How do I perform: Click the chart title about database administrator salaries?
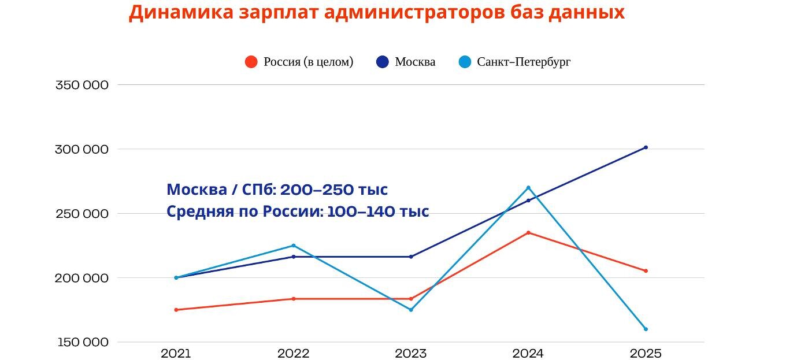coord(376,12)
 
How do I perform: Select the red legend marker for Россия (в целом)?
coord(251,62)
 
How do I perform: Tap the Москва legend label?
coord(415,62)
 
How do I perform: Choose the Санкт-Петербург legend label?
coord(524,62)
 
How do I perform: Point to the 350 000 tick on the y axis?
coord(82,85)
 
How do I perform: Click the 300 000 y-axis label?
coord(82,149)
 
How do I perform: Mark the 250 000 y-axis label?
coord(82,214)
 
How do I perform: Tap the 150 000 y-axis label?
coord(82,342)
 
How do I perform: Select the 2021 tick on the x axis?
coord(176,354)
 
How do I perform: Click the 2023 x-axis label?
coord(411,354)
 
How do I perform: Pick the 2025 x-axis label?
coord(646,354)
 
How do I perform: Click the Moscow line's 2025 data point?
coord(646,147)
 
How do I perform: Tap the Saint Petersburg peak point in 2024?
coord(528,188)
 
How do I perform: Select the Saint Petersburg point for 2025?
coord(646,329)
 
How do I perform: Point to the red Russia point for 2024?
coord(528,233)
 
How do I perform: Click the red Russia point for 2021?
coord(176,310)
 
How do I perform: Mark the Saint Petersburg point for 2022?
coord(294,246)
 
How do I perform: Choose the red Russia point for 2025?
coord(646,271)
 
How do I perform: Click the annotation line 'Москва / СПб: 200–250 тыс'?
coord(277,190)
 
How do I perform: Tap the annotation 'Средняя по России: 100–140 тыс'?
coord(298,211)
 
